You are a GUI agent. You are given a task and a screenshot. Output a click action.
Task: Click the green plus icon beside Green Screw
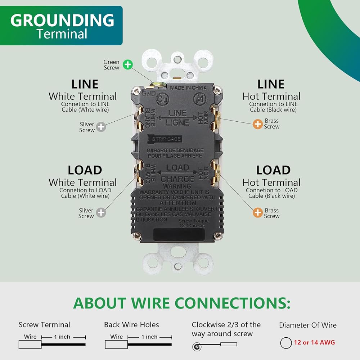(127, 65)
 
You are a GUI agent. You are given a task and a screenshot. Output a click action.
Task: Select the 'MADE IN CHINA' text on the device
(188, 87)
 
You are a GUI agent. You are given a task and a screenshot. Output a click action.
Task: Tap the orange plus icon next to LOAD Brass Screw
(258, 212)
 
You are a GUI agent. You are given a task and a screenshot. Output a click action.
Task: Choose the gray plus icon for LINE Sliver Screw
(101, 127)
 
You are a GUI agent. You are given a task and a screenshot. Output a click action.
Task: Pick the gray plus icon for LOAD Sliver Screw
(101, 213)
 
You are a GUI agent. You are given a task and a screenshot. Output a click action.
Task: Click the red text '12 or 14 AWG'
(314, 342)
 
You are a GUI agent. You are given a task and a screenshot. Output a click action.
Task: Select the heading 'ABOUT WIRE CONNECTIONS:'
(182, 303)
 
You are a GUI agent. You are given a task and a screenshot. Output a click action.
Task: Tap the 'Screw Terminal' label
(44, 325)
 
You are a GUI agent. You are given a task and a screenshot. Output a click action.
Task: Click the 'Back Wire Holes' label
(131, 325)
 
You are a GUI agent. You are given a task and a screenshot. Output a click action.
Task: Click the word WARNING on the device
(177, 186)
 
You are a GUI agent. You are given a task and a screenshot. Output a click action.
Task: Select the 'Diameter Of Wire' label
(308, 325)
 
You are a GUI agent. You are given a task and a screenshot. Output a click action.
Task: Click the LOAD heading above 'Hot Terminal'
(273, 170)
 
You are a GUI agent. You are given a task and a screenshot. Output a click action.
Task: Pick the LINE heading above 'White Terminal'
(85, 84)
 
